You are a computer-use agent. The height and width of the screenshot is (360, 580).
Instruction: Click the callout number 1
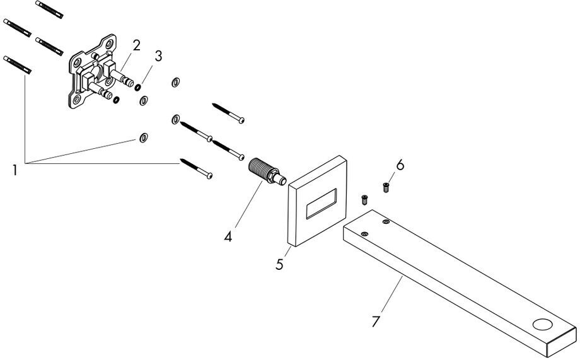14,170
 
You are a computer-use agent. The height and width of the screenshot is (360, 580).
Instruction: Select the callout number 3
158,55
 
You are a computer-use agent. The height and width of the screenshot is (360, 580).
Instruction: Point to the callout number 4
228,237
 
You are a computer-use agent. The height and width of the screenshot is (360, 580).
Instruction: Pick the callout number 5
279,263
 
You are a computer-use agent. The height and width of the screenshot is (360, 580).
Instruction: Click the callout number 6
400,166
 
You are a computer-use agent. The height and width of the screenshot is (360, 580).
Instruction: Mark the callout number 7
376,321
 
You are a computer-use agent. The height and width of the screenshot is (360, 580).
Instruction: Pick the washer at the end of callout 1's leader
144,137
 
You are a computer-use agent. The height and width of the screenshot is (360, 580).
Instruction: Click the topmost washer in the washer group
176,83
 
